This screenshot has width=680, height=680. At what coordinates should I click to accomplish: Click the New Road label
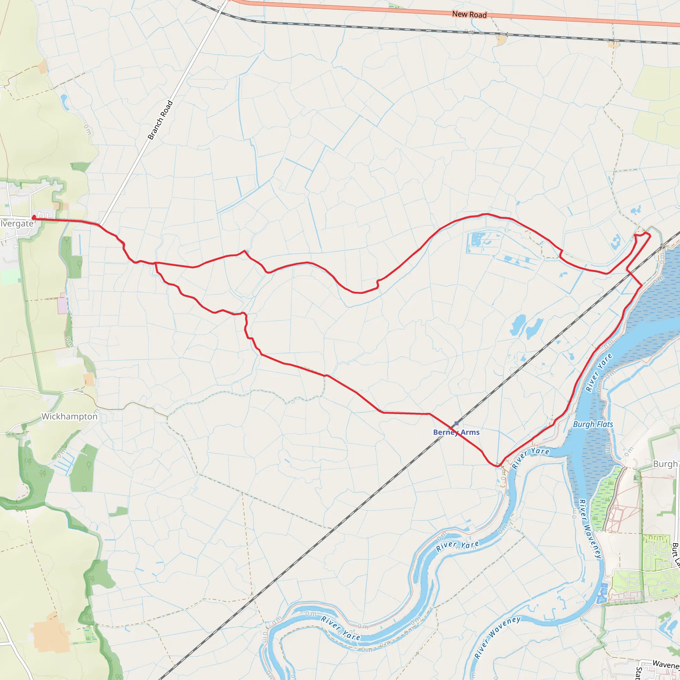(469, 14)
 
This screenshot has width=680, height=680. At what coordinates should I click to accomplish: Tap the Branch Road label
(160, 121)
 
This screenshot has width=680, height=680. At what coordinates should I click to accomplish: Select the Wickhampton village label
(69, 417)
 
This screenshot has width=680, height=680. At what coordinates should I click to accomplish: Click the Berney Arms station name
(456, 432)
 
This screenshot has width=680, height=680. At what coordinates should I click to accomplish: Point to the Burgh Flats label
(593, 424)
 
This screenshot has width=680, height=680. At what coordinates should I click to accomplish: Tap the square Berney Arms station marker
(457, 423)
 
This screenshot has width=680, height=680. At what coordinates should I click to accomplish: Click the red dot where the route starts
(34, 217)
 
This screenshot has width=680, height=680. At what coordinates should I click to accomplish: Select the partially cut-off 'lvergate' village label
(17, 224)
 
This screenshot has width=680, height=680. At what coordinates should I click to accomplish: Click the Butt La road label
(675, 555)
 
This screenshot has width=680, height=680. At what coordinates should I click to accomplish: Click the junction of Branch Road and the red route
(100, 224)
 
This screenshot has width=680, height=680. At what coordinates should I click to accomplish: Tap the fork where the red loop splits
(155, 263)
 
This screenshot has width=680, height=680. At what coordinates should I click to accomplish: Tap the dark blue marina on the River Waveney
(602, 593)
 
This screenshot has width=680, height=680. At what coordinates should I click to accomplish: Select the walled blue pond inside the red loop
(476, 240)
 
